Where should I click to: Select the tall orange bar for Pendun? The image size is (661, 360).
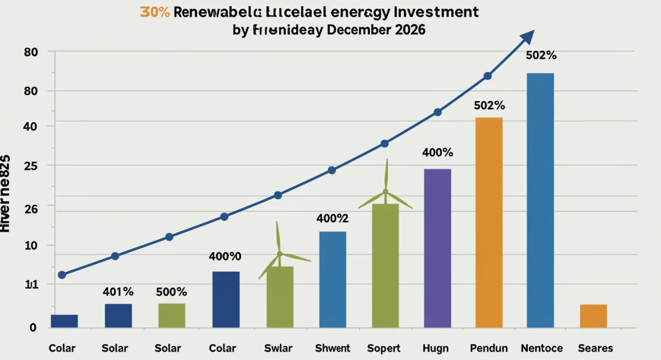click(x=489, y=222)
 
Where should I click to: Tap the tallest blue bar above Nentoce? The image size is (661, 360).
click(x=540, y=200)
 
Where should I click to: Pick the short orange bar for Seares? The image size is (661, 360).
click(x=593, y=316)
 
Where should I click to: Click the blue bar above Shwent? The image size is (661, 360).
click(x=333, y=280)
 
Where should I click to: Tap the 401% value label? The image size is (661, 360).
click(x=118, y=292)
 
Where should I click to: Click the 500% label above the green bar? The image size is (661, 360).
click(x=171, y=292)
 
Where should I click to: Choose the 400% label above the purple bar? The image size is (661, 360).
click(x=437, y=152)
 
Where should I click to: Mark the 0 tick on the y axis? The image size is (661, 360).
click(x=33, y=328)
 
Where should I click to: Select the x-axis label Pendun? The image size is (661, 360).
click(x=489, y=348)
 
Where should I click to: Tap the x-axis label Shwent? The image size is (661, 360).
click(x=332, y=348)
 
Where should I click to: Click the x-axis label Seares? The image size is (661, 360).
click(x=595, y=348)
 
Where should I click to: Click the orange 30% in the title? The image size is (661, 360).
click(x=154, y=12)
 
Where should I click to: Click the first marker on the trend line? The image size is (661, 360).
click(x=62, y=275)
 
